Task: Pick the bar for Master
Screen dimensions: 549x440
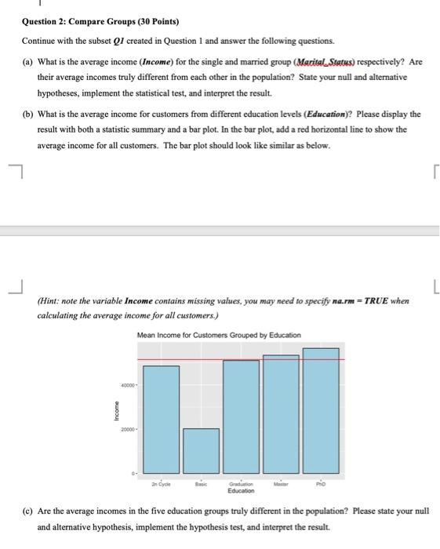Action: [281, 411]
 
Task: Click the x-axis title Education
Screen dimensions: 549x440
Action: [241, 492]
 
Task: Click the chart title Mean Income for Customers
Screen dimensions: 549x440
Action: [218, 335]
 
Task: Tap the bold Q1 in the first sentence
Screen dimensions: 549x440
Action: [119, 40]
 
